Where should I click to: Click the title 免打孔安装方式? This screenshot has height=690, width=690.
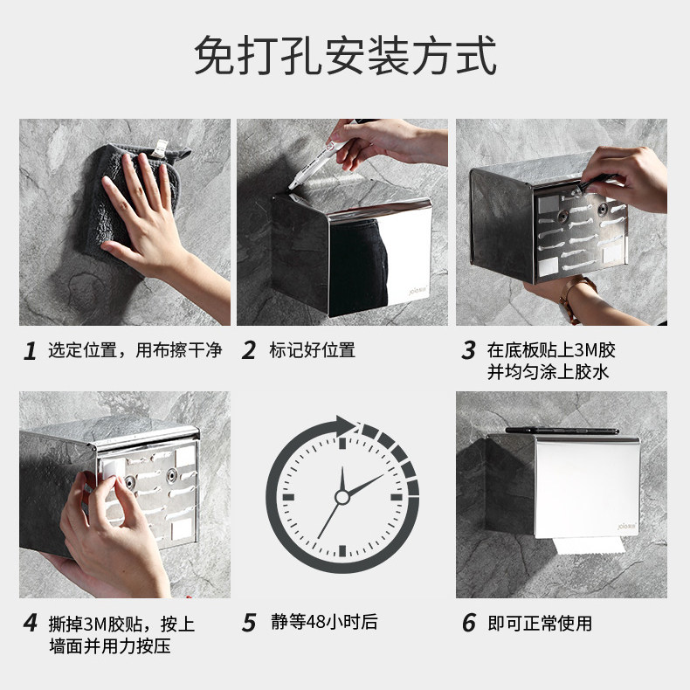(x=346, y=56)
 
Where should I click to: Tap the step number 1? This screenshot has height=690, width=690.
(x=30, y=351)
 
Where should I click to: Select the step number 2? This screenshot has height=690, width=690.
(x=249, y=350)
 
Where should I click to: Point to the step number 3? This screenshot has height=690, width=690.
(x=469, y=350)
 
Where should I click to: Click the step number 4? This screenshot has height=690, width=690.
(x=31, y=623)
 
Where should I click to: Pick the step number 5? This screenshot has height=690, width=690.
(x=249, y=623)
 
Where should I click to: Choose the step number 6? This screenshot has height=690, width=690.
(x=469, y=623)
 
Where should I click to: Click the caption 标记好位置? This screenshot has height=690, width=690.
(x=312, y=350)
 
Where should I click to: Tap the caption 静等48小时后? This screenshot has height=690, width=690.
(x=324, y=622)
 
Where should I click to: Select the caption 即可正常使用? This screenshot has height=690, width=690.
(x=540, y=623)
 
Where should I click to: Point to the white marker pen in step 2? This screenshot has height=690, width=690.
(x=314, y=163)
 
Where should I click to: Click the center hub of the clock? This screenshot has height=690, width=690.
(x=342, y=497)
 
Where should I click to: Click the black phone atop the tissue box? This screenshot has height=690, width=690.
(x=562, y=431)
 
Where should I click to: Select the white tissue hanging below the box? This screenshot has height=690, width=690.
(x=589, y=545)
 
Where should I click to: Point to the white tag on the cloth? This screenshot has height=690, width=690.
(x=160, y=148)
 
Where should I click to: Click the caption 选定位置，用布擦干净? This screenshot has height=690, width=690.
(x=135, y=350)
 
